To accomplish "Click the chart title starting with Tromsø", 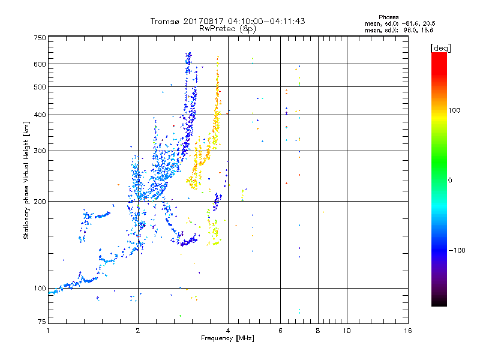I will pyautogui.click(x=228, y=21).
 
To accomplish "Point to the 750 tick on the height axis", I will pyautogui.click(x=40, y=37).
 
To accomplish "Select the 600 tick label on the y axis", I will pyautogui.click(x=40, y=64).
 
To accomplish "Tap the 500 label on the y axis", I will pyautogui.click(x=40, y=87).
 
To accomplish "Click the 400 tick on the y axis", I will pyautogui.click(x=40, y=115).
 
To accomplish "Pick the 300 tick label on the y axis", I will pyautogui.click(x=40, y=151).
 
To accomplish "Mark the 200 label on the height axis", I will pyautogui.click(x=40, y=201).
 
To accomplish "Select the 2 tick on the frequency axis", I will pyautogui.click(x=138, y=331).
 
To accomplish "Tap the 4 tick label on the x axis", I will pyautogui.click(x=228, y=331).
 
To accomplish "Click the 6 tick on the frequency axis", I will pyautogui.click(x=280, y=331).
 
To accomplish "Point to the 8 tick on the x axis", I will pyautogui.click(x=318, y=331).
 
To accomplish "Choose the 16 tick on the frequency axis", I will pyautogui.click(x=407, y=331).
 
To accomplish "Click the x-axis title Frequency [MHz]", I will pyautogui.click(x=228, y=339).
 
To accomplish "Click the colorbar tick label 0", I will pyautogui.click(x=451, y=180).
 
